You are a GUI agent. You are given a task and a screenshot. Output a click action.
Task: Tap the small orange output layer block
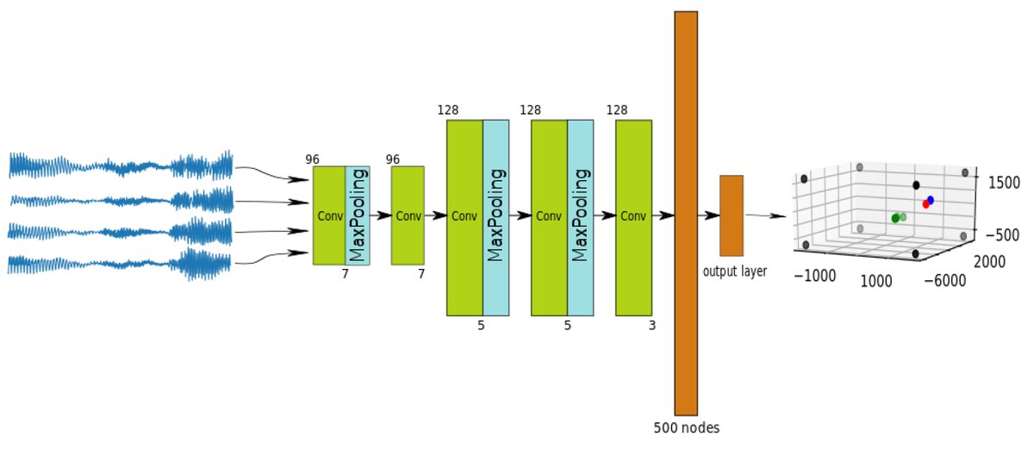(x=731, y=215)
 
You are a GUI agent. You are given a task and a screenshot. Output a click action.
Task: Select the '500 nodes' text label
(x=685, y=427)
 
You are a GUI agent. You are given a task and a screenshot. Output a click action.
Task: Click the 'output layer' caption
(x=734, y=271)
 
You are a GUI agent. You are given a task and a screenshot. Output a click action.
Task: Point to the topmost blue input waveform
(x=121, y=165)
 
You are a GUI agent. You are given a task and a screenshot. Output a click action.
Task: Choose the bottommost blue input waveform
(x=121, y=262)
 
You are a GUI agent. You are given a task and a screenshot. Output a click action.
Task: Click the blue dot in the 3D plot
(x=931, y=200)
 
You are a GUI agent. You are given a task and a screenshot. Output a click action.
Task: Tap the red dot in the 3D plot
(x=926, y=204)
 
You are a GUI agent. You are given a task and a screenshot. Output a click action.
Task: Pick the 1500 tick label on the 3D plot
(x=1003, y=183)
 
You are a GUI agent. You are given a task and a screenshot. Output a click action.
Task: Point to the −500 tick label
(x=1000, y=235)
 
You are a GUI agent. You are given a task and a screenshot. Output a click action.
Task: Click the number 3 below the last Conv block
(x=651, y=326)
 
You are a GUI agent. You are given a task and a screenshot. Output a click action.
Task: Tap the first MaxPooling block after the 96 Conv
(x=358, y=215)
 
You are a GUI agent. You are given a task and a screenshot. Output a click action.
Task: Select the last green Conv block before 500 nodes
(x=633, y=218)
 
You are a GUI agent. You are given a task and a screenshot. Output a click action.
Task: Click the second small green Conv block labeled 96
(x=408, y=215)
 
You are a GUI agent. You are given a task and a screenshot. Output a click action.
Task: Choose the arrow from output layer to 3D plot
(x=765, y=215)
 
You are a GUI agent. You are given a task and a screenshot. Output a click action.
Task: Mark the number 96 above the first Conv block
(x=312, y=159)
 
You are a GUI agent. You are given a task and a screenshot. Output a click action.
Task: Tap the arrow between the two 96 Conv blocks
(x=380, y=215)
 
